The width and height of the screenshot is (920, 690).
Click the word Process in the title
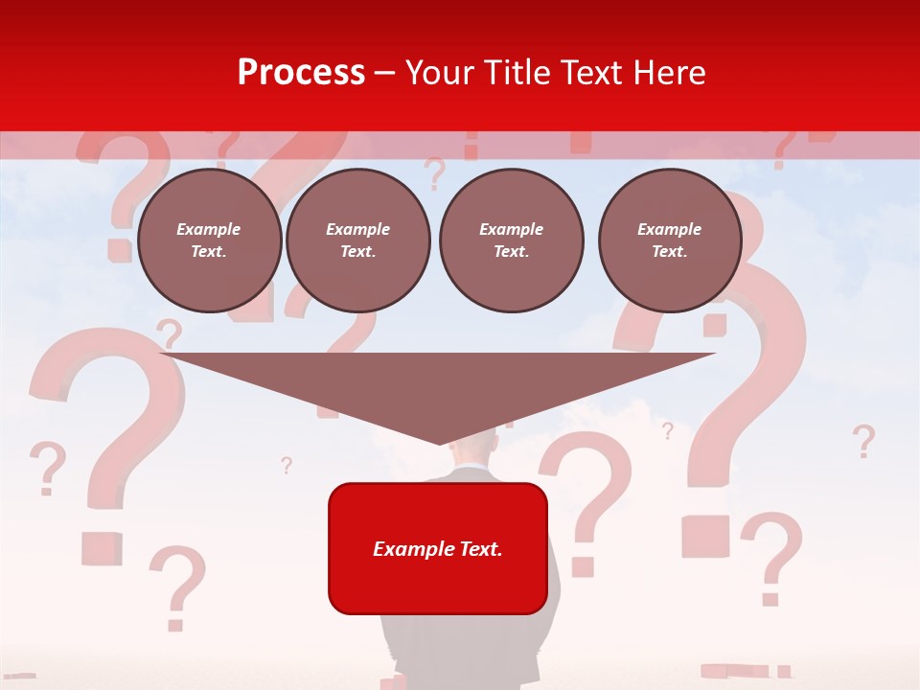pyautogui.click(x=301, y=73)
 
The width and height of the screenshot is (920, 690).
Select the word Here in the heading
pyautogui.click(x=671, y=73)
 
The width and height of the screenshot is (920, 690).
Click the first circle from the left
pyautogui.click(x=209, y=241)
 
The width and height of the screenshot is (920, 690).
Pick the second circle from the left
pyautogui.click(x=357, y=241)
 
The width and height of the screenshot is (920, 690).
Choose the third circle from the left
pyautogui.click(x=511, y=241)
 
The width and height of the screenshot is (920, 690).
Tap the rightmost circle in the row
pyautogui.click(x=669, y=241)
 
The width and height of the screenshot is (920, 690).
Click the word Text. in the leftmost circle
pyautogui.click(x=209, y=252)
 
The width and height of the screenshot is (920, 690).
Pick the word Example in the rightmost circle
pyautogui.click(x=669, y=229)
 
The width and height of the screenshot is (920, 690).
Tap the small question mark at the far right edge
pyautogui.click(x=863, y=441)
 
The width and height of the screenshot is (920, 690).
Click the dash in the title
pyautogui.click(x=384, y=73)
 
